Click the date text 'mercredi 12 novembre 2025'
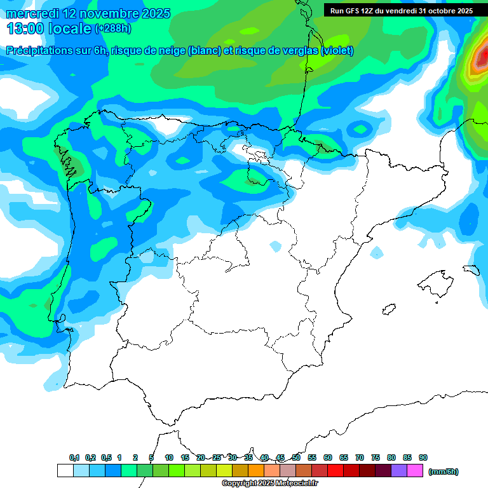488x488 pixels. click(x=88, y=13)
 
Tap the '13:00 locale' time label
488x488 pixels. click(x=48, y=29)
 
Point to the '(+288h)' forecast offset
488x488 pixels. click(x=112, y=29)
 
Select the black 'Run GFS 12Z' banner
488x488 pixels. click(x=402, y=11)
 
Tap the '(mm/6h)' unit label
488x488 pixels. click(x=443, y=471)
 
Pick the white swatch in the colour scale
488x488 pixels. click(x=65, y=471)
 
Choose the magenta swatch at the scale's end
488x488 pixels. click(x=415, y=471)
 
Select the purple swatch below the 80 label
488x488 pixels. click(x=399, y=471)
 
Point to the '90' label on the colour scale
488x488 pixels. click(x=423, y=457)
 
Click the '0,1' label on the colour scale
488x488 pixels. click(x=74, y=457)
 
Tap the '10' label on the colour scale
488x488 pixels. click(x=169, y=457)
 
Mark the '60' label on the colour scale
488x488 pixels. click(x=328, y=457)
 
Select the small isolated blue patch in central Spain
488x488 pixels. click(x=275, y=246)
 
